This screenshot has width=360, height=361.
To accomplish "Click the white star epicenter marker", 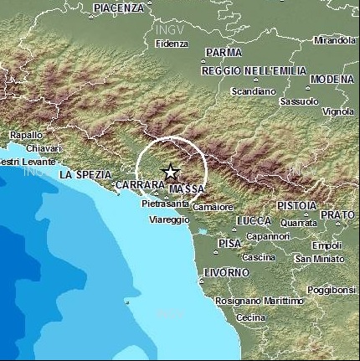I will coord(171,173).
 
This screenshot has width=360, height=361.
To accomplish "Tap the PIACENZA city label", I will coord(120,8).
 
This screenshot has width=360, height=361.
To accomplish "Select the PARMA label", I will coord(223,52).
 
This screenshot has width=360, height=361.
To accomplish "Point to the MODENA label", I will coord(332,80).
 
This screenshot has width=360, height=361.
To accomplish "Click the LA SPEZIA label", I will coord(85,174).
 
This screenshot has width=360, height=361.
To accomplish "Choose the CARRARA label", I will coord(138,184).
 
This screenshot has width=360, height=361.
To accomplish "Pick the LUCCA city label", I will coord(255,220).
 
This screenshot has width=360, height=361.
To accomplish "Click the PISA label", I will coord(229,243).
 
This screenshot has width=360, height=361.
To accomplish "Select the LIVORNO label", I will coord(226,273).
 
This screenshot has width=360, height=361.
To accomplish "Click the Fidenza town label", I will coord(172,43).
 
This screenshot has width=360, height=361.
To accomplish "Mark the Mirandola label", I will coord(334,39).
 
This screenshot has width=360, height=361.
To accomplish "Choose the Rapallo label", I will coord(26,135).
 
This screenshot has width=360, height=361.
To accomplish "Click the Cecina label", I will coord(251,317).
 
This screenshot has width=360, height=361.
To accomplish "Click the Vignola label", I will coord(338,111).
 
